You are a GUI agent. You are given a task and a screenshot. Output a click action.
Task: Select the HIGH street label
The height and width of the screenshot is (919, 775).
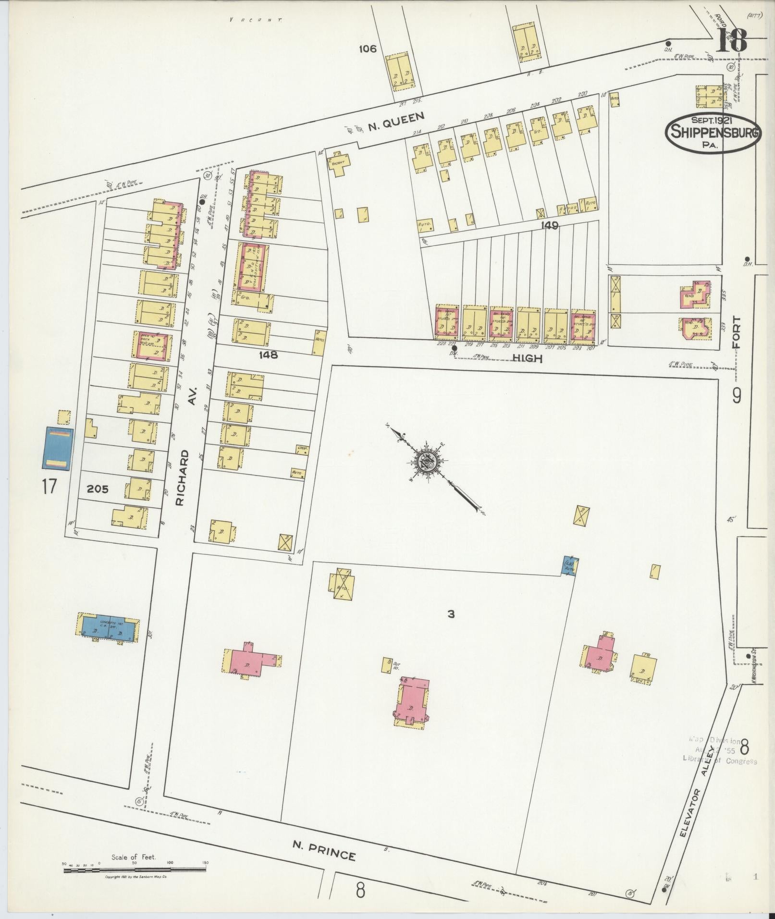tap(527, 358)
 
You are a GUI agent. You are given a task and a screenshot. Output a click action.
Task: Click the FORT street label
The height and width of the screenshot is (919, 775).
tap(737, 332)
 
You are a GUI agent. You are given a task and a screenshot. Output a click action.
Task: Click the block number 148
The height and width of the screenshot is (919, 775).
tap(268, 355)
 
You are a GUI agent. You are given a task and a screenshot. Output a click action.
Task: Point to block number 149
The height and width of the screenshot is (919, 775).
tap(549, 225)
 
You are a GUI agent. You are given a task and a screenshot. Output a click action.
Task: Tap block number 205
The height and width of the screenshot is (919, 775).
tap(98, 490)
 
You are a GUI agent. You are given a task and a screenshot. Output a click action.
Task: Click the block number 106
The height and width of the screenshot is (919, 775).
tap(367, 49)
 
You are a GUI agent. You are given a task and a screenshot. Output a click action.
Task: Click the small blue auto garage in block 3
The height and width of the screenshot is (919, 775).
tap(570, 567)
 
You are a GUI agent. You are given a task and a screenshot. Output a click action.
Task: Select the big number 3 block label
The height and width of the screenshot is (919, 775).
tap(450, 613)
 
